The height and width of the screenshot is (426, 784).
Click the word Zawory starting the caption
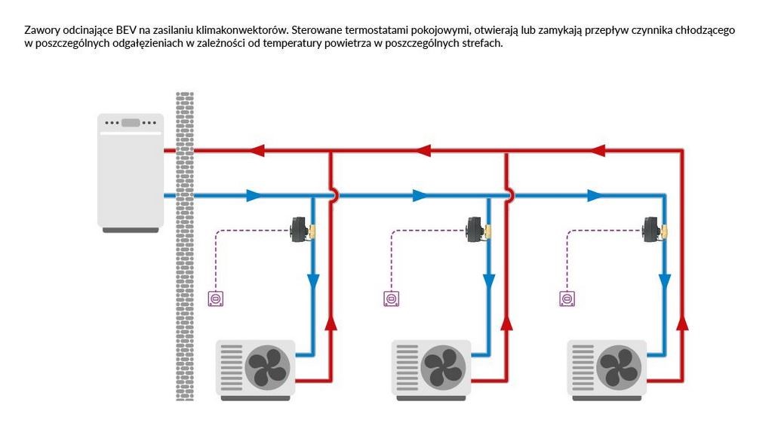(x=39, y=30)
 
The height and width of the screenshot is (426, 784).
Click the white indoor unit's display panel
(x=131, y=123)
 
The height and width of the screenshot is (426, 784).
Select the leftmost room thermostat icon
(x=216, y=299)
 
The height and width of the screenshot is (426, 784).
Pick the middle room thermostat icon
(x=392, y=299)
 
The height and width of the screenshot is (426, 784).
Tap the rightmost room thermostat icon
(x=567, y=299)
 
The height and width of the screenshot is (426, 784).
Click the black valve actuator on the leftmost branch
(x=300, y=230)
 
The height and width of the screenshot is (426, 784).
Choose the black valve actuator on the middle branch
(x=475, y=230)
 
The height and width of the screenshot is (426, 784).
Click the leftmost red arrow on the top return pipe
(x=257, y=150)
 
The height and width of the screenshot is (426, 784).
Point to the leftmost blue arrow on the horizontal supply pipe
(x=254, y=195)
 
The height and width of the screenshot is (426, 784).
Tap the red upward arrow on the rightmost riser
(x=682, y=323)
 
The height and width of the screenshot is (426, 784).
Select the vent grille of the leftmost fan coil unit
(x=232, y=368)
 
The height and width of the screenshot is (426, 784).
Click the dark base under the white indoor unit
(x=131, y=230)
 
